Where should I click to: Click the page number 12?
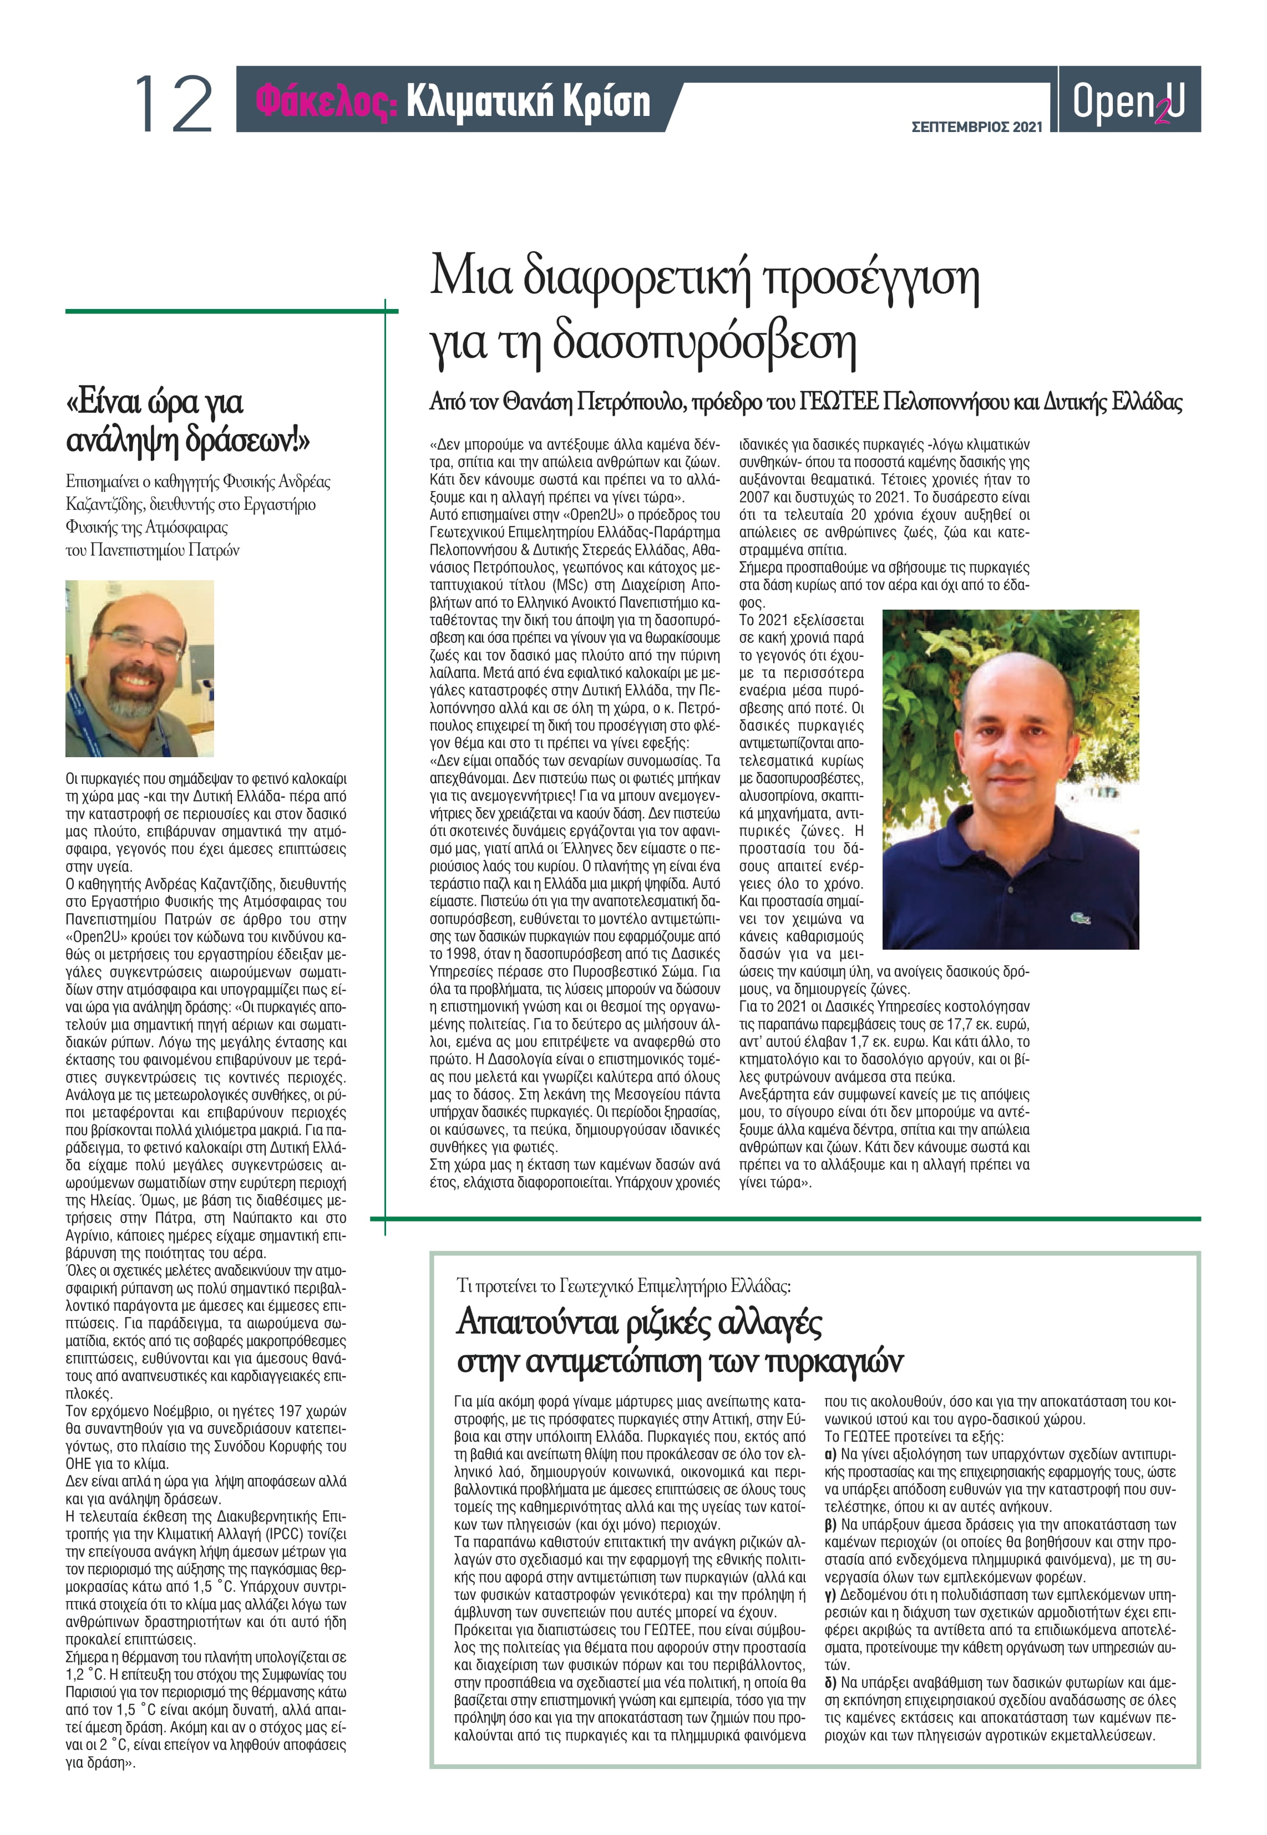(173, 103)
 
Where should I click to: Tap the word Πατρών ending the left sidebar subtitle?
(214, 550)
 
